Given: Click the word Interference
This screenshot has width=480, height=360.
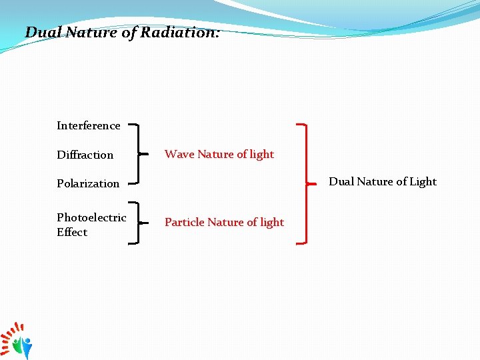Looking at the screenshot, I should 88,125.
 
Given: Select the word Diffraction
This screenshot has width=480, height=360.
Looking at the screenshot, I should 85,155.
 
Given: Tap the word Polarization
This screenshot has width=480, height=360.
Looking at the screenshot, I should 88,183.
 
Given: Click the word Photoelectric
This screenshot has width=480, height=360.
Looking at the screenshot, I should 91,217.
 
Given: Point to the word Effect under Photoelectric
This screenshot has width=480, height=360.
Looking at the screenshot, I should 72,232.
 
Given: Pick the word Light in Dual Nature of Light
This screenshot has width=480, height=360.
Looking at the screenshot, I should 423,181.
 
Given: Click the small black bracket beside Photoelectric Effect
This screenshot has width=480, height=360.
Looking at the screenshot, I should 137,223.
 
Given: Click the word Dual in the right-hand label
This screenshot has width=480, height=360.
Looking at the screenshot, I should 341,181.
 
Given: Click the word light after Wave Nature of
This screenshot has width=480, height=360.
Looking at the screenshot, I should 261,154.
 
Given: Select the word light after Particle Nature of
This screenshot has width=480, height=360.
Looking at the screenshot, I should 271,222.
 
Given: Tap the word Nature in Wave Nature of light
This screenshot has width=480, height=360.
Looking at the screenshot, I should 215,154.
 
